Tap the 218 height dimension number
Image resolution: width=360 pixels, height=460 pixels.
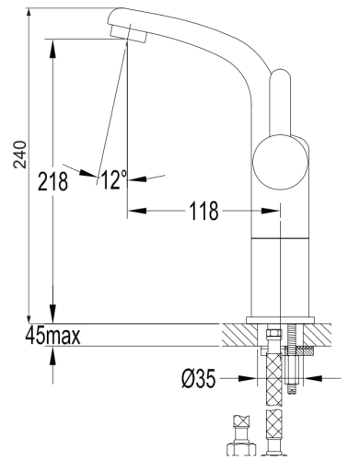coord(53,182)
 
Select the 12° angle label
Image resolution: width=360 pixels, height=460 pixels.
coord(115,179)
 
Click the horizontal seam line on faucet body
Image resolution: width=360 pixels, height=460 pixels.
coord(279,237)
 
